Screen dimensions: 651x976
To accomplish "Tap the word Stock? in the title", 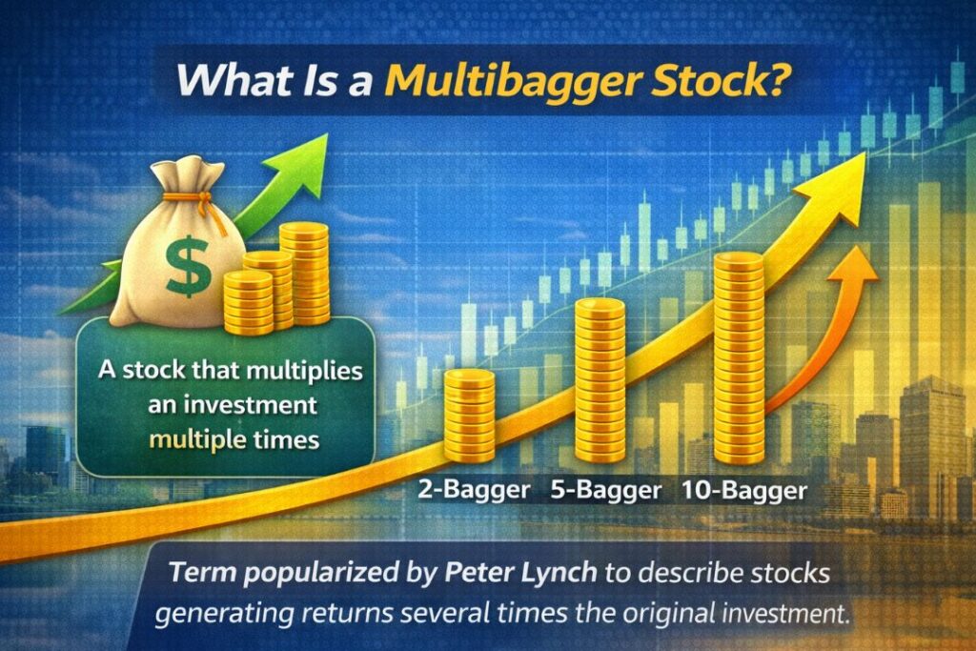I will click(x=728, y=79).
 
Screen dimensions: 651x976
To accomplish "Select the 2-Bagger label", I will click(x=474, y=491).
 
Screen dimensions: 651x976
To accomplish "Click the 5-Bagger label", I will click(x=606, y=491).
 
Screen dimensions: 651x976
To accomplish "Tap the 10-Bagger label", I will click(x=745, y=491).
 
